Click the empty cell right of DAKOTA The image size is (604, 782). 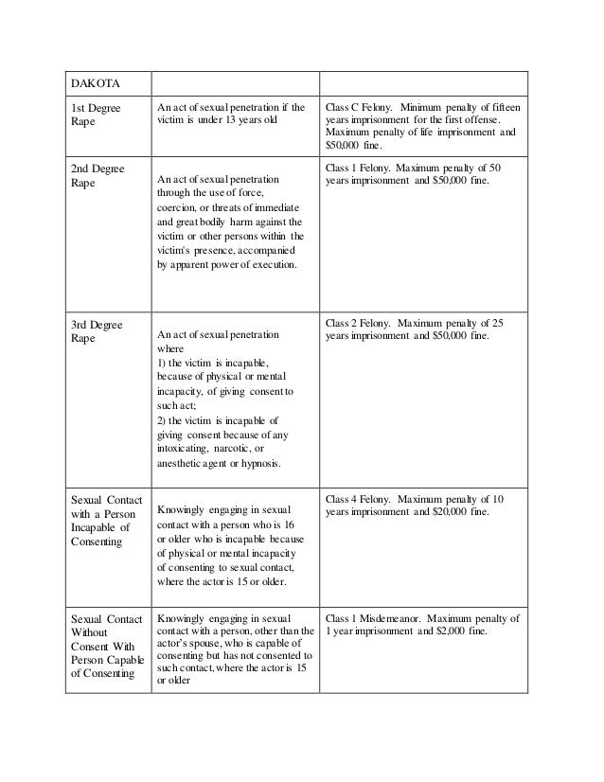pos(234,82)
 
